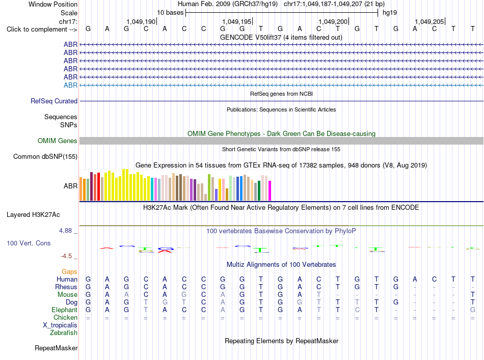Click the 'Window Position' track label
[53, 4]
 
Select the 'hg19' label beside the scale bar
[390, 13]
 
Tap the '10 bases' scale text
[170, 13]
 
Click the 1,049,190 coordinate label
[141, 21]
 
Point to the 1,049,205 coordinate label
[429, 21]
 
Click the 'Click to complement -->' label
[42, 30]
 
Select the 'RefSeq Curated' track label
[54, 101]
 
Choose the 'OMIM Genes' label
[58, 141]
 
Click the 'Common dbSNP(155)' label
[45, 157]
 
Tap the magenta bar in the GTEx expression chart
[270, 190]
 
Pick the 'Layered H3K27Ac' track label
[33, 215]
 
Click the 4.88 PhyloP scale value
[65, 231]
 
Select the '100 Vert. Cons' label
[29, 243]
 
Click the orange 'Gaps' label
[69, 272]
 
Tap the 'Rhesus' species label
[66, 287]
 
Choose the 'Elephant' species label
[65, 310]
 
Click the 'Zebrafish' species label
[64, 333]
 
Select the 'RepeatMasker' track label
[56, 348]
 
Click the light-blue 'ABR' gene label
[71, 85]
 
